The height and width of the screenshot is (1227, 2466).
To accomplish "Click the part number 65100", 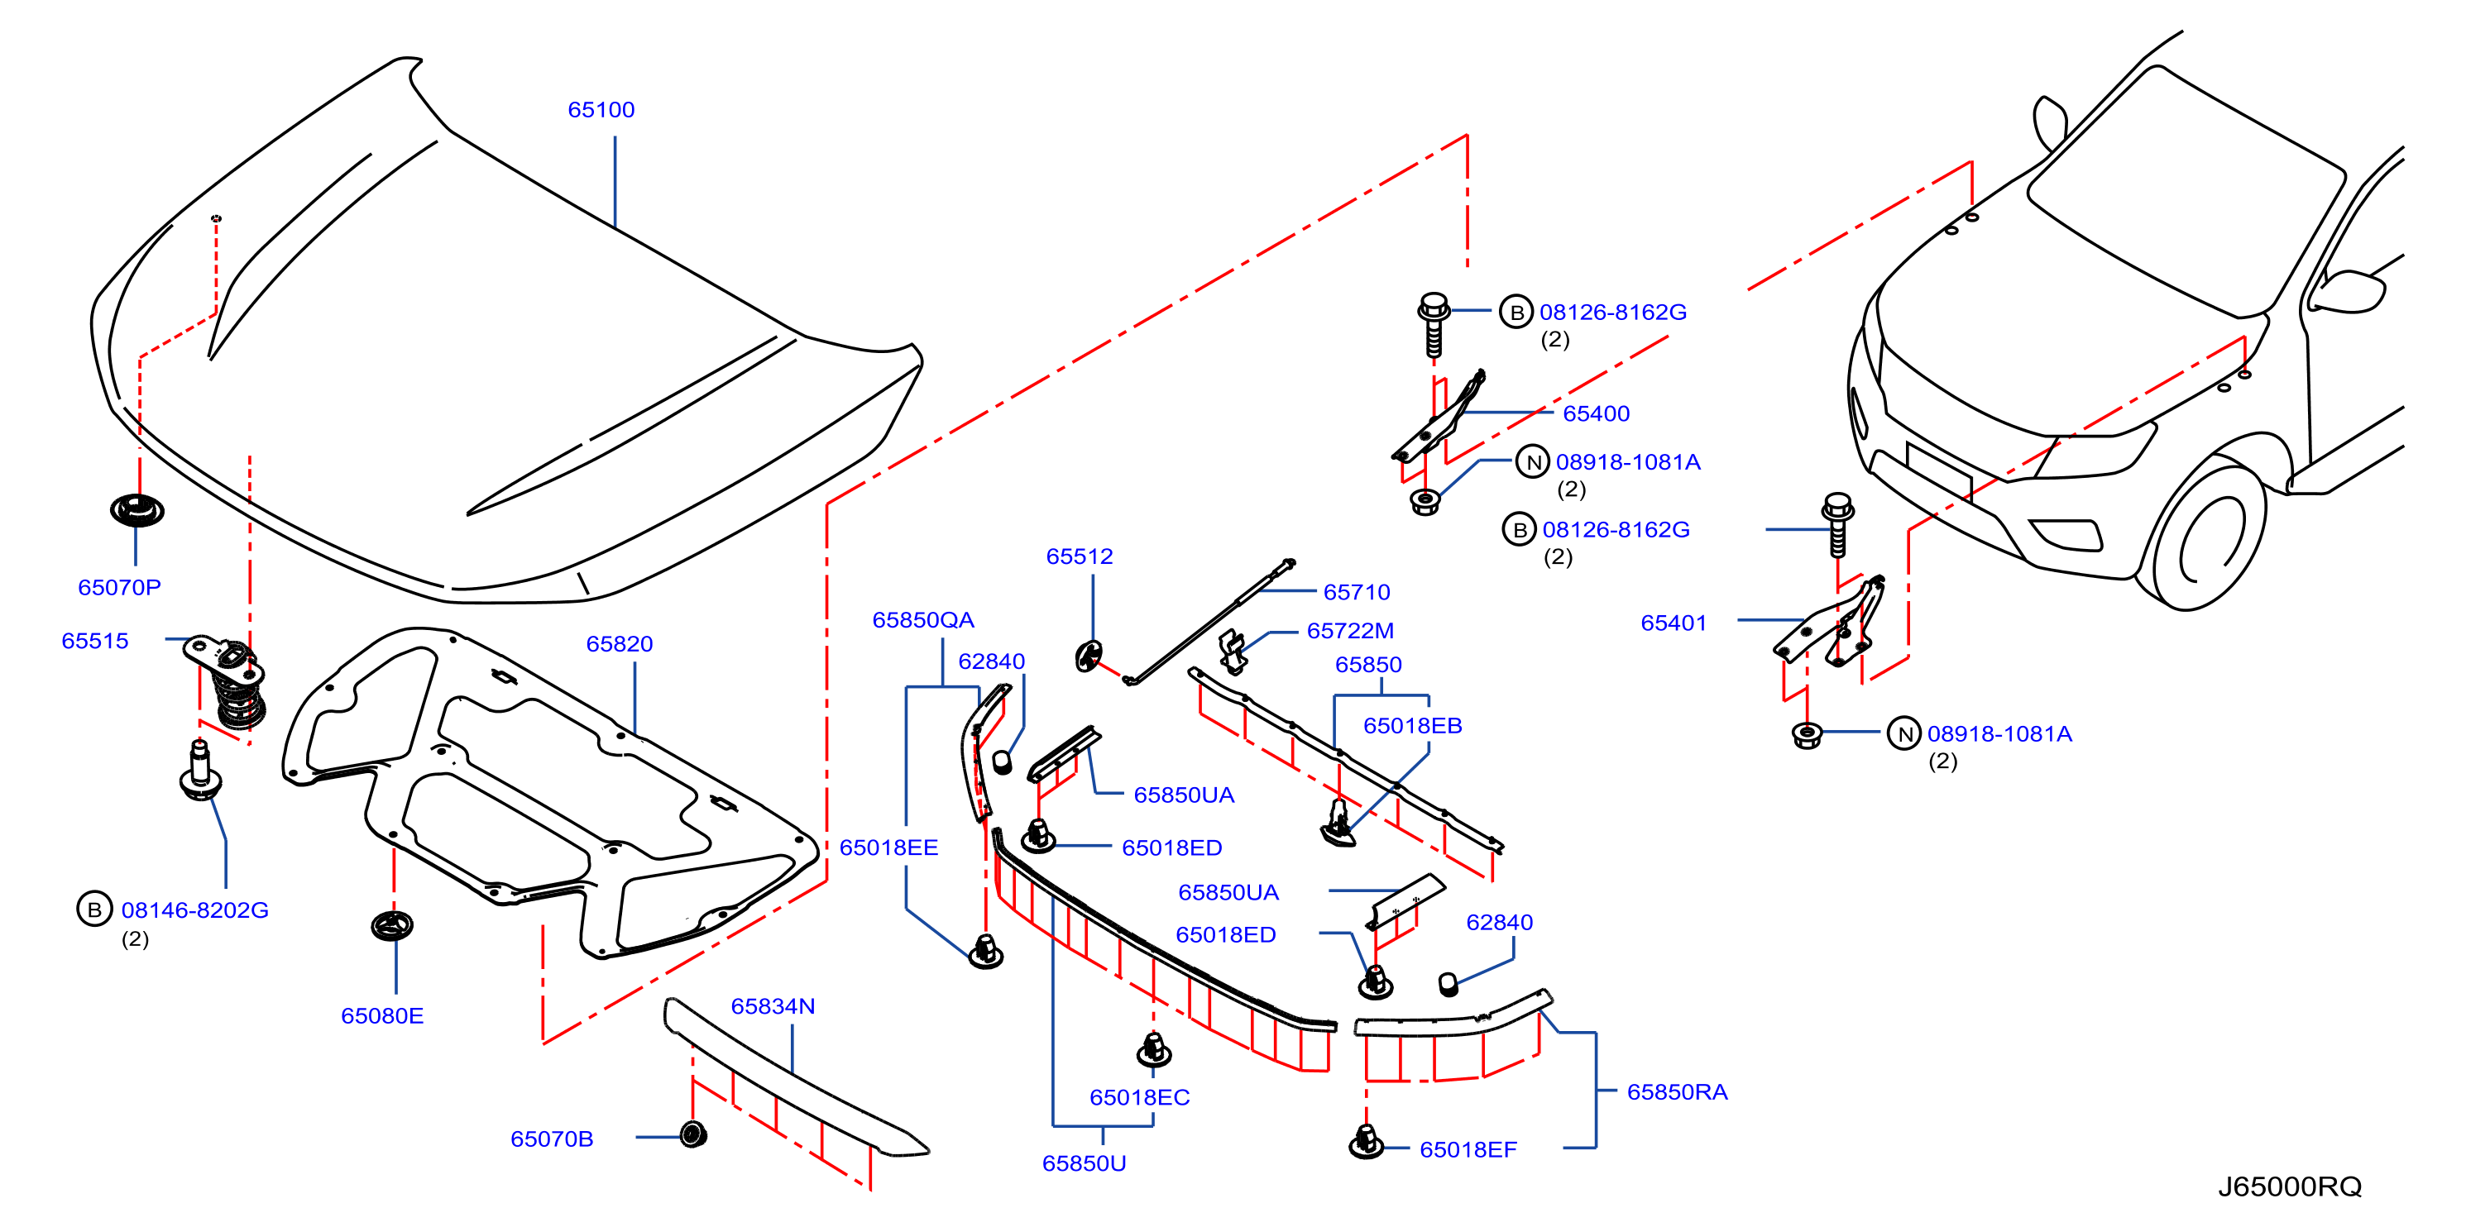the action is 601,110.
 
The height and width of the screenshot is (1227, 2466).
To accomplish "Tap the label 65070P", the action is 120,588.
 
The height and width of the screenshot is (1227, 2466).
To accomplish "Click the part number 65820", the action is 620,644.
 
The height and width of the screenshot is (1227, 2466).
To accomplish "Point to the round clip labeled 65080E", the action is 392,925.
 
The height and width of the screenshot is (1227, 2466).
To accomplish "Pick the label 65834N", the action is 773,1007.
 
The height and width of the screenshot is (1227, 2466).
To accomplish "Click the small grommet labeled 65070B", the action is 693,1135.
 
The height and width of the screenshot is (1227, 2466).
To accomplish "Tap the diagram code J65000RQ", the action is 2290,1186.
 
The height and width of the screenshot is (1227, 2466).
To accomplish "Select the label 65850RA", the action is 1677,1092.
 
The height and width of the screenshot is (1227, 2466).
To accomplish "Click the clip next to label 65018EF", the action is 1366,1142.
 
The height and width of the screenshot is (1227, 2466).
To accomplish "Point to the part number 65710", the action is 1357,593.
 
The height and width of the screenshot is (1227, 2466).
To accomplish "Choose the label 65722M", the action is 1350,631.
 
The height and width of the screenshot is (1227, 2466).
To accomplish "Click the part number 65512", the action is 1080,557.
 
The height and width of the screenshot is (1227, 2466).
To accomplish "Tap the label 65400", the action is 1596,413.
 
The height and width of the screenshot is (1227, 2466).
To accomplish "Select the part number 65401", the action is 1674,623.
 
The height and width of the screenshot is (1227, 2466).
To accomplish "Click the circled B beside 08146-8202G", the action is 93,910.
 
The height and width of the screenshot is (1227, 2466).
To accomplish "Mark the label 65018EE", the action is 888,848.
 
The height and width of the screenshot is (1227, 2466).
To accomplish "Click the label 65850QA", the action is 923,620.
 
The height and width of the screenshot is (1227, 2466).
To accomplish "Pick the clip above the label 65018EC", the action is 1153,1049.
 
